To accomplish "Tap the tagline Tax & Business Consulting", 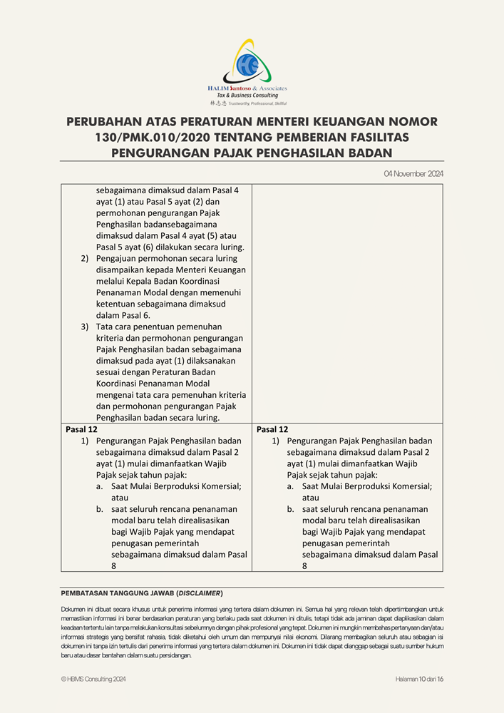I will click(x=247, y=95).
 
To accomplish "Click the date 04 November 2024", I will click(x=413, y=173).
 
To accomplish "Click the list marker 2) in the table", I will click(x=84, y=259).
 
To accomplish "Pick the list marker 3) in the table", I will click(x=84, y=327).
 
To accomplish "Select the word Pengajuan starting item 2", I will click(x=118, y=259).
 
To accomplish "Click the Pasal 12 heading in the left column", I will click(x=81, y=429).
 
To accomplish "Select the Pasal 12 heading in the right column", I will click(x=272, y=429).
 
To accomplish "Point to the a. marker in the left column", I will click(x=100, y=486).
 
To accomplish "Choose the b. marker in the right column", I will click(x=291, y=509).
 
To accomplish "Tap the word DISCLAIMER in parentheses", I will click(x=200, y=593).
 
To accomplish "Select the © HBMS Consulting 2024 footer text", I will click(x=93, y=679).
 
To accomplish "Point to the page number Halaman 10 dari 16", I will click(x=420, y=679).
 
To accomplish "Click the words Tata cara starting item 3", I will click(x=114, y=327).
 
